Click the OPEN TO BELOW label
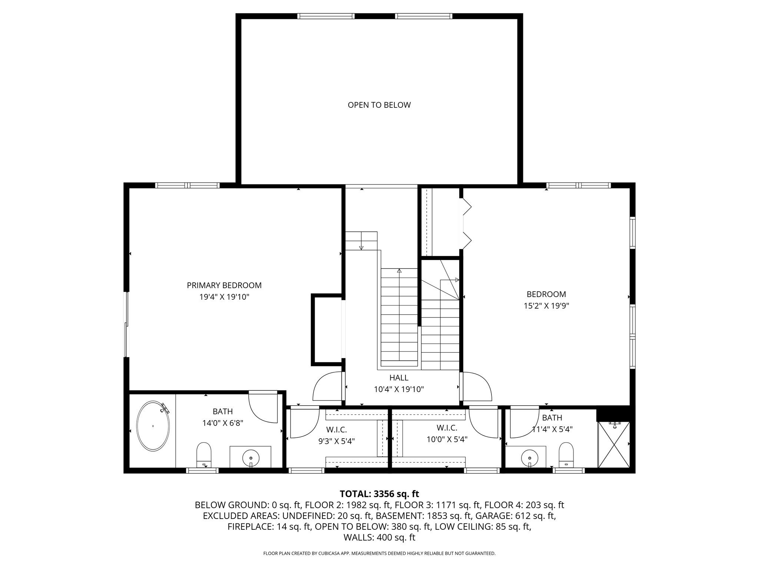(x=379, y=105)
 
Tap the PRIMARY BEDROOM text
(x=224, y=285)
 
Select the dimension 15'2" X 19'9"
(x=546, y=306)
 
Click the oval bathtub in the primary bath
(x=153, y=426)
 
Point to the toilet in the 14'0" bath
(x=203, y=454)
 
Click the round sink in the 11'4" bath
(x=530, y=458)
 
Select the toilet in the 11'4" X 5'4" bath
(x=566, y=454)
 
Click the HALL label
(x=399, y=377)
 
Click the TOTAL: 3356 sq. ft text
(x=379, y=494)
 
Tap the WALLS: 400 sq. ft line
(x=379, y=538)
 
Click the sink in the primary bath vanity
(x=251, y=458)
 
